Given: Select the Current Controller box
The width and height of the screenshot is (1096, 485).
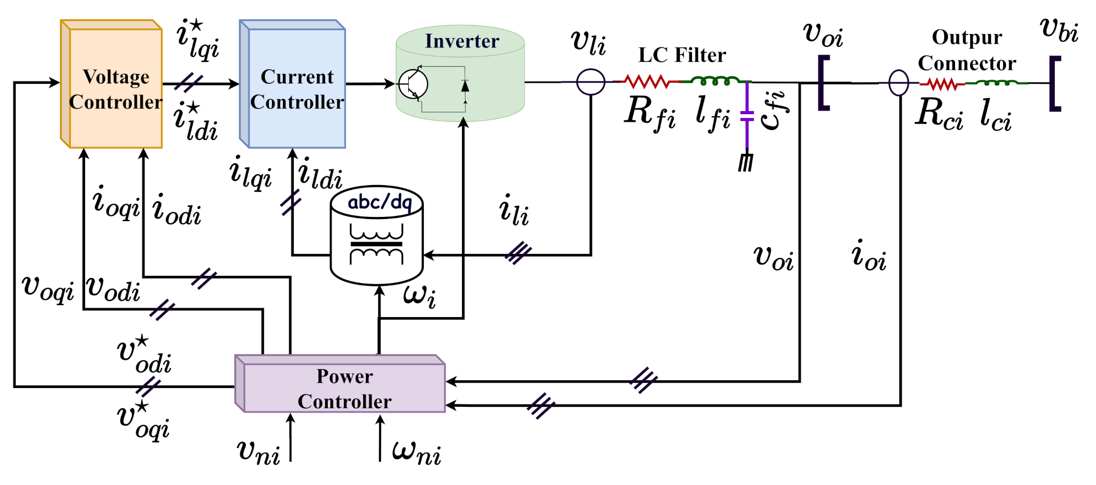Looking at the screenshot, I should point(296,89).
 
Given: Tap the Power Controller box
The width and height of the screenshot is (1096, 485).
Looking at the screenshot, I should point(344,388).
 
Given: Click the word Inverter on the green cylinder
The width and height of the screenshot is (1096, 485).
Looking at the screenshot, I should point(462,41).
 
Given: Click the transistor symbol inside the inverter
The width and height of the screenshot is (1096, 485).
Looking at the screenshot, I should point(413,84).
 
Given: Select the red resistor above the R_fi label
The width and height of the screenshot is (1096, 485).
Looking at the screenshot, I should point(647,81).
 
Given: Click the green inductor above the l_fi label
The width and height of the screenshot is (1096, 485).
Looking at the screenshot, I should point(716,80).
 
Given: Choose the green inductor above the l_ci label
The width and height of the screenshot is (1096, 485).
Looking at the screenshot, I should point(997,82).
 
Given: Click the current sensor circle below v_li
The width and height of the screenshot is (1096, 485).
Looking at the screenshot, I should point(590,82).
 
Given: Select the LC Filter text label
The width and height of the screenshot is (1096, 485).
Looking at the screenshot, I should point(682,55).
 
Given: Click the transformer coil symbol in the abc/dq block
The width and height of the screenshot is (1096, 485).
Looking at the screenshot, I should point(376,244).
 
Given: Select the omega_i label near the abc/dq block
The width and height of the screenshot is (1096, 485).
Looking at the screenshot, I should point(419,296).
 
